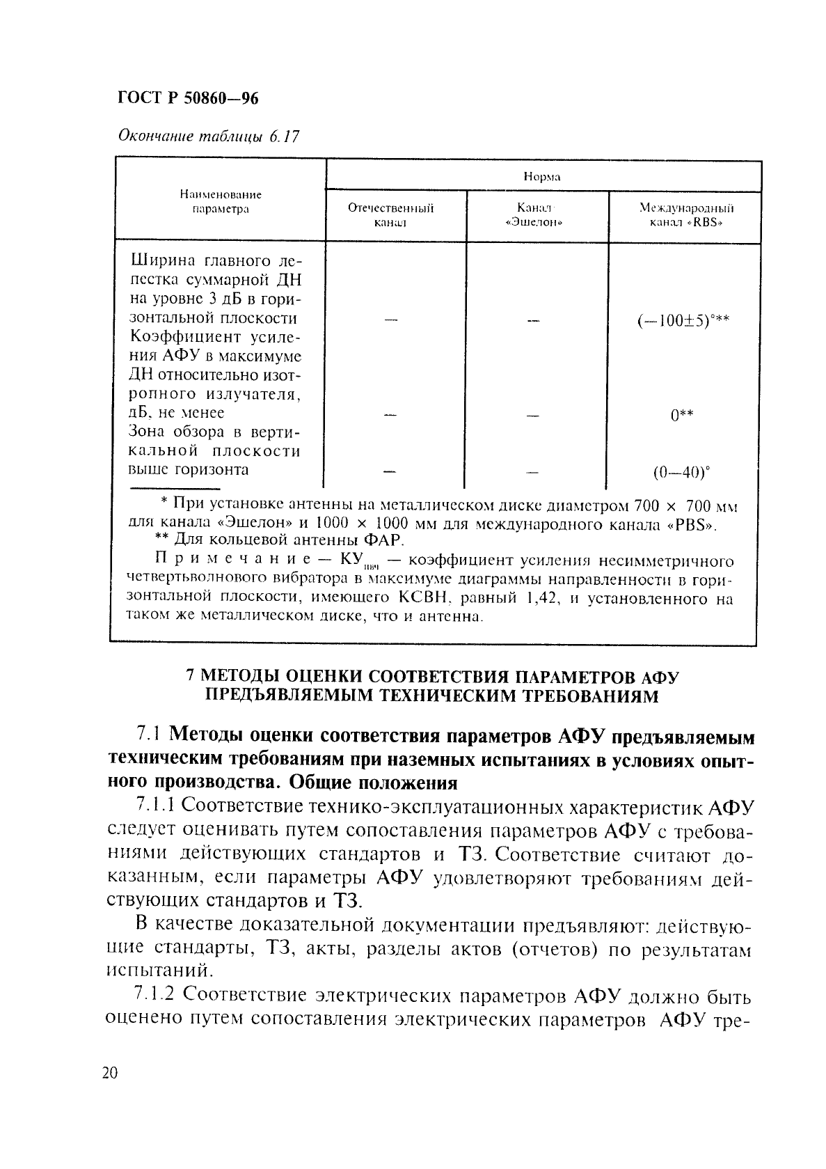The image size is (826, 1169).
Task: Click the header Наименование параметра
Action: (221, 202)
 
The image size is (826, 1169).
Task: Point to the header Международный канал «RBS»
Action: (686, 215)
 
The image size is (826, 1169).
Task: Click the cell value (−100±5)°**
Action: (682, 321)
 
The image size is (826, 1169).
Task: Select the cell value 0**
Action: (682, 416)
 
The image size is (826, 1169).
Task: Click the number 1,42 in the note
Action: (540, 598)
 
